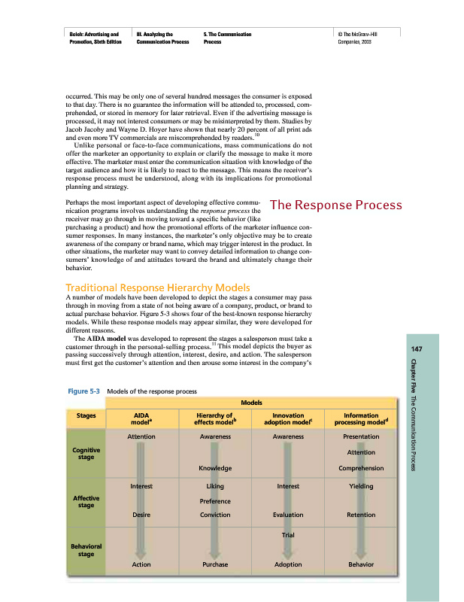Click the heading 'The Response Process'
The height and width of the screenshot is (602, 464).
(x=335, y=205)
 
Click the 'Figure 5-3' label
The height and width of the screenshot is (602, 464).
(x=83, y=391)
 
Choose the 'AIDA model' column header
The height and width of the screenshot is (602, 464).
(x=141, y=418)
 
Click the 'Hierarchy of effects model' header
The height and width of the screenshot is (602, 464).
(x=214, y=418)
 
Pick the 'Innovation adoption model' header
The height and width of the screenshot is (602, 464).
(x=288, y=418)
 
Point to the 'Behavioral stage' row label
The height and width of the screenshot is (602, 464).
(x=86, y=550)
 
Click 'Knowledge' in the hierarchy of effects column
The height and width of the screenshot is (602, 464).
(x=214, y=468)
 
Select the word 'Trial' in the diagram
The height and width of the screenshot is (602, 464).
(x=288, y=535)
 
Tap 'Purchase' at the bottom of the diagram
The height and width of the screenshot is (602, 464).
(x=214, y=564)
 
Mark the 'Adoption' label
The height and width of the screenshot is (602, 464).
(x=288, y=564)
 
